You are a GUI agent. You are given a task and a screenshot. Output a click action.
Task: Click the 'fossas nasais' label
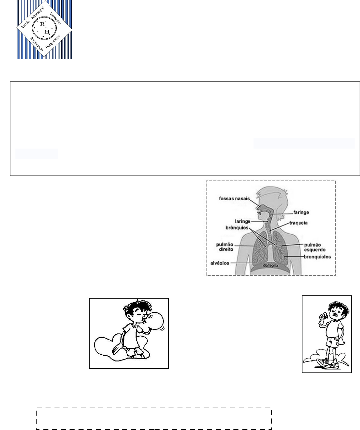point(234,198)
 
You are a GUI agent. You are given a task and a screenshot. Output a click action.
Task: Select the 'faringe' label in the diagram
point(301,212)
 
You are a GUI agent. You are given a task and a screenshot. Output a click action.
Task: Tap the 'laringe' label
point(242,221)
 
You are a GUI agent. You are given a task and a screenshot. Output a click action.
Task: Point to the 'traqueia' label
point(298,223)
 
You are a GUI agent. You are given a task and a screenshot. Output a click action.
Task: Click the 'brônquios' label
point(237,228)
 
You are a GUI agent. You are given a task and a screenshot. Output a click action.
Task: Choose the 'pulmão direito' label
point(225,247)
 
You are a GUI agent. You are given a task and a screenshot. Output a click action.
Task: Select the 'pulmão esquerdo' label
point(315,247)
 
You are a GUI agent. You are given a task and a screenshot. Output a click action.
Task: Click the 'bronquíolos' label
point(317,257)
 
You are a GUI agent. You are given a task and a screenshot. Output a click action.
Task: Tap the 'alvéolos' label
point(220,263)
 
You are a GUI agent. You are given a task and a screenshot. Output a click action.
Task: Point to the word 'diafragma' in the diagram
point(270,266)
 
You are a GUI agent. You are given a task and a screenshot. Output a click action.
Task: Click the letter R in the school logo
point(42,24)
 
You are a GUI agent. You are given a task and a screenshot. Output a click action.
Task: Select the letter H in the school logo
point(47,32)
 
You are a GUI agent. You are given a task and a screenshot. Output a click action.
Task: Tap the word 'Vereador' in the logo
point(56,18)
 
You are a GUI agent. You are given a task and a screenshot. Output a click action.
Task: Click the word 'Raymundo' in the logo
point(37,44)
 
